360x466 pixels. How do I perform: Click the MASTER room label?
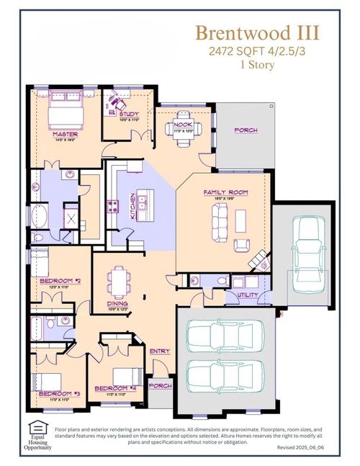(x=66, y=134)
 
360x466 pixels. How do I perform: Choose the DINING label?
(x=118, y=303)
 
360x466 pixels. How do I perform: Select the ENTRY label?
(x=159, y=351)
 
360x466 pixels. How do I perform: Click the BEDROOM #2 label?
(x=58, y=279)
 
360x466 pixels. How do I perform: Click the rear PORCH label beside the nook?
(x=246, y=130)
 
